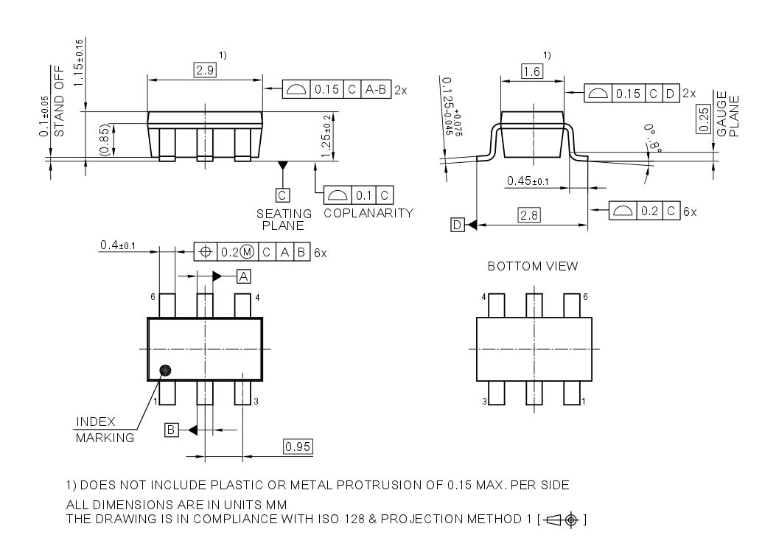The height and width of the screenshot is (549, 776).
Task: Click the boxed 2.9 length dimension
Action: click(203, 70)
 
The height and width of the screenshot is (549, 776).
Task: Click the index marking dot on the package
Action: click(165, 370)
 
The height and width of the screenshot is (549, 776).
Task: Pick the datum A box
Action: click(243, 276)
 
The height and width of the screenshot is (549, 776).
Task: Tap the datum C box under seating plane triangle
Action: click(282, 195)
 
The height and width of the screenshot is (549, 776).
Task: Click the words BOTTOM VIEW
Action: click(532, 266)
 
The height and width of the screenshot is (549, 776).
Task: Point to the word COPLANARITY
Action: click(368, 213)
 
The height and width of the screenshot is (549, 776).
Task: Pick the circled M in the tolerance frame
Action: click(247, 251)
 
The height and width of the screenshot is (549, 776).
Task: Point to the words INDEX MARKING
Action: click(105, 430)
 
